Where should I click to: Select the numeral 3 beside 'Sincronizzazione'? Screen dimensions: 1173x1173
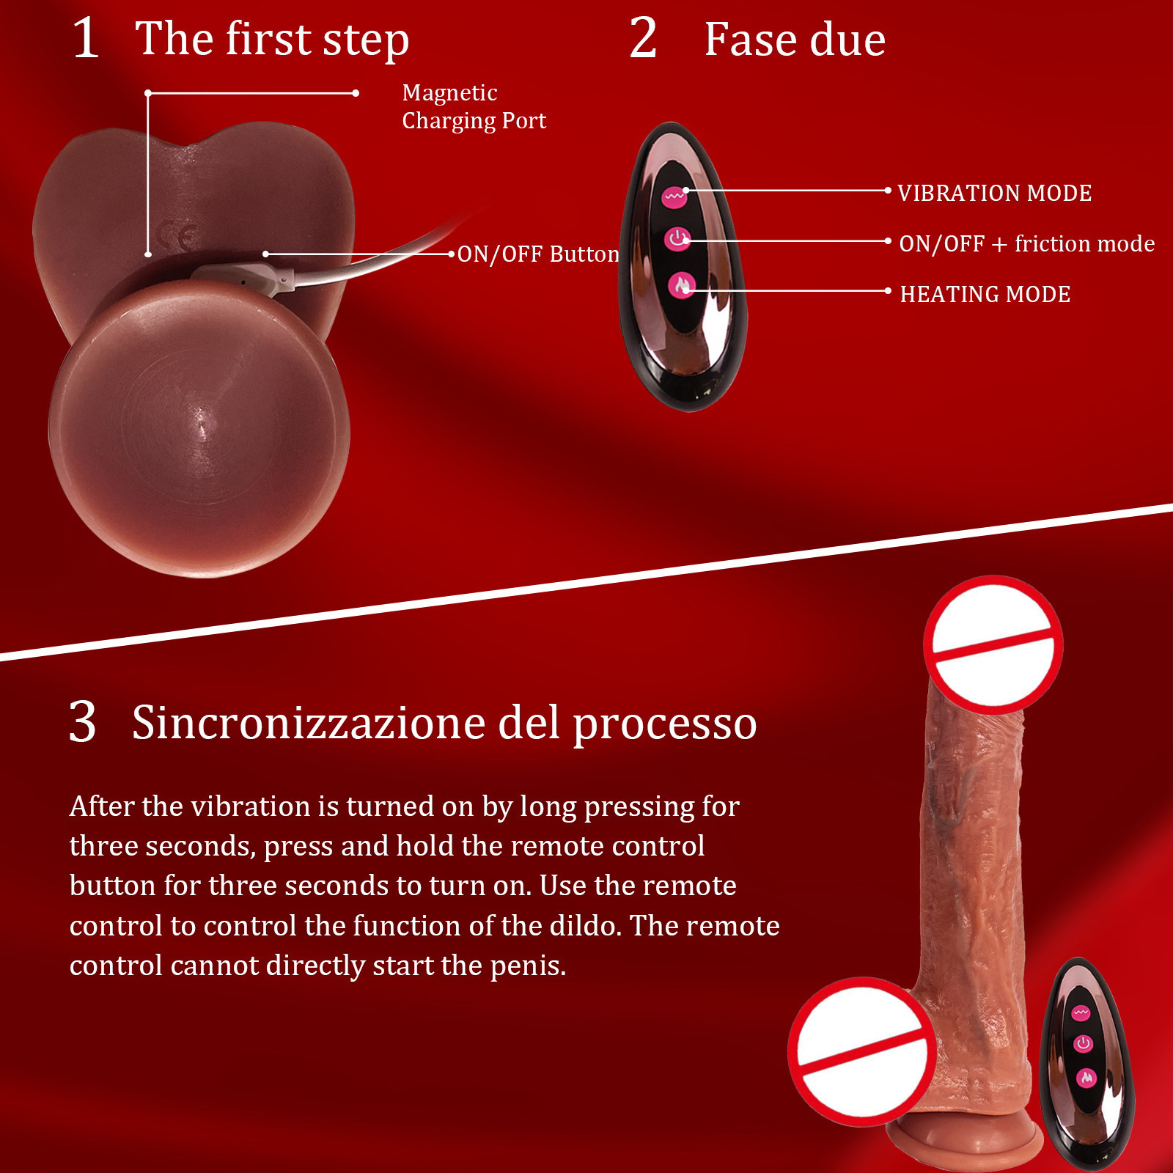pyautogui.click(x=83, y=722)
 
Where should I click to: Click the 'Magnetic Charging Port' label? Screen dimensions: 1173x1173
pyautogui.click(x=474, y=106)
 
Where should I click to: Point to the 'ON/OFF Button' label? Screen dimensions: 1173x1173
pyautogui.click(x=539, y=254)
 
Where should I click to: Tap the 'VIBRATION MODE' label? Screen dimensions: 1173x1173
pyautogui.click(x=995, y=193)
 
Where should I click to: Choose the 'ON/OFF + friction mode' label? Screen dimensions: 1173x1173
pyautogui.click(x=1027, y=243)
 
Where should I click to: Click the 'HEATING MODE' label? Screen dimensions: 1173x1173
pyautogui.click(x=985, y=294)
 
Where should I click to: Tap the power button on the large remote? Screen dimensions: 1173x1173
pyautogui.click(x=677, y=239)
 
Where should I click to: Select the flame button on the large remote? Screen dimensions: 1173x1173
pyautogui.click(x=682, y=285)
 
